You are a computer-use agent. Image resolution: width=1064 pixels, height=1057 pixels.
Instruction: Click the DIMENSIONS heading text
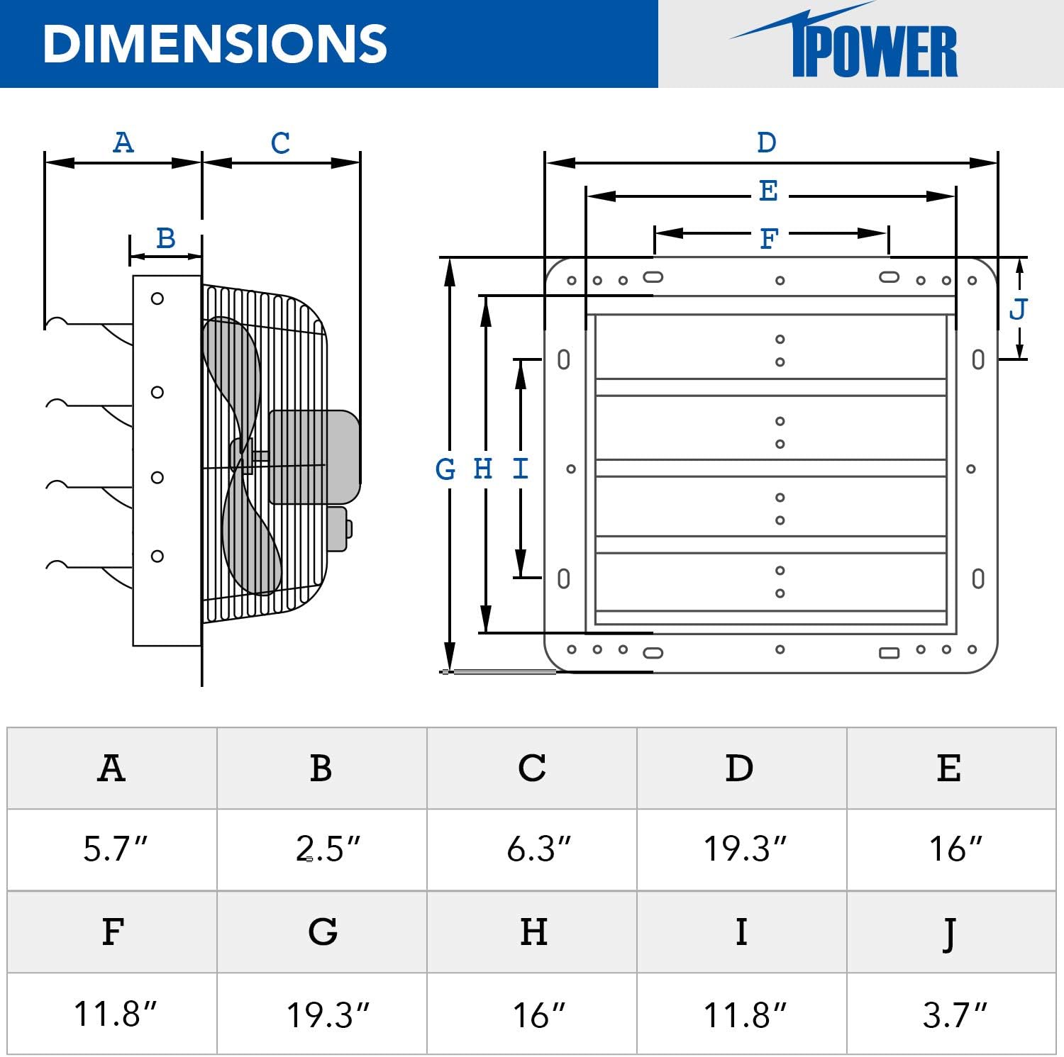pos(215,44)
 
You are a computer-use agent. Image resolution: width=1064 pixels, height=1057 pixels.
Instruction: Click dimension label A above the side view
pos(123,143)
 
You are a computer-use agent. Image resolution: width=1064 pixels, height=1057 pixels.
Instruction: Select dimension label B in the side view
pos(165,238)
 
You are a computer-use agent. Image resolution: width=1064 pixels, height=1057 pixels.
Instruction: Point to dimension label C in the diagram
pos(280,143)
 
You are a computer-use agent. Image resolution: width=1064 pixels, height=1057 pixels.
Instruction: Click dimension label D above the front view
pos(767,142)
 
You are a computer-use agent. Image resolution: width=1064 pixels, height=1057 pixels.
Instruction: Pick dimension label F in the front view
pos(769,239)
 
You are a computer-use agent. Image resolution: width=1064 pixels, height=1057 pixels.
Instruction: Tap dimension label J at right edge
pos(1018,309)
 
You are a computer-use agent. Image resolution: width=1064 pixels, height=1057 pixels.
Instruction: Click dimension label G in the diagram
pos(445,469)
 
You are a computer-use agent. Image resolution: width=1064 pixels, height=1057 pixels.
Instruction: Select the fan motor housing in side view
pos(314,457)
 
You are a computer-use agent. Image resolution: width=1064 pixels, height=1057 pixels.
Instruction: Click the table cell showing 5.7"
pos(114,849)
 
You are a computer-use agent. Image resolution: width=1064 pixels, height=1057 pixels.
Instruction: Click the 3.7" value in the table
pos(954,1014)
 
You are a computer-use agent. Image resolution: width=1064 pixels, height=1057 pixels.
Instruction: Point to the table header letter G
pos(323,932)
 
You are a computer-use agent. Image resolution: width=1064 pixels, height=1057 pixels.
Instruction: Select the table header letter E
pos(949,768)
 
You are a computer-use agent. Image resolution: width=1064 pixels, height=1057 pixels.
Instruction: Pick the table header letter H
pos(533,932)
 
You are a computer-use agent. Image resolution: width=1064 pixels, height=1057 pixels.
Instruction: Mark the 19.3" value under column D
pos(744,849)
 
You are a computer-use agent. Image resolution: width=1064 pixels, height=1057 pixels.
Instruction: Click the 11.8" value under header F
pos(114,1014)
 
